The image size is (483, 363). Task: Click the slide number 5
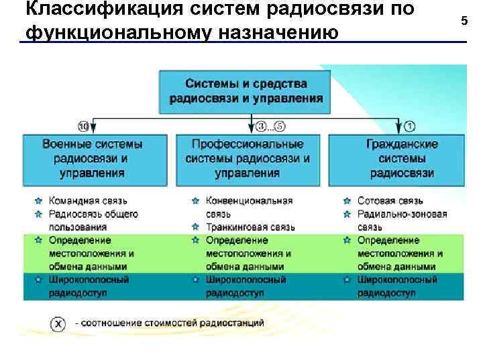click(464, 22)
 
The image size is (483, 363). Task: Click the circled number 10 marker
click(84, 126)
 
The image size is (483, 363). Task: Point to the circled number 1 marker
click(410, 126)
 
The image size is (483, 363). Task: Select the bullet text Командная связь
click(88, 200)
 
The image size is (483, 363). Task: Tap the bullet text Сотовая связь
click(390, 200)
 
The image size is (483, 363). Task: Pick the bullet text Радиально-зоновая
click(402, 214)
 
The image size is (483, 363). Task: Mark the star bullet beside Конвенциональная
click(195, 201)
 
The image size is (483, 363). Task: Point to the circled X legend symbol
click(59, 324)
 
